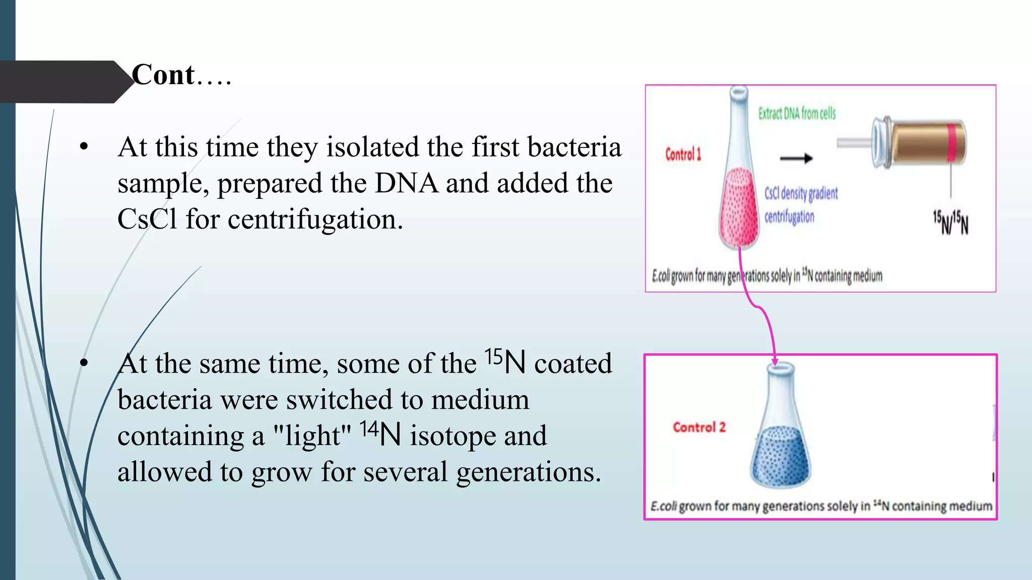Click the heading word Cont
coord(163,76)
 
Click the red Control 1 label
coord(683,154)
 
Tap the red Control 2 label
coord(699,427)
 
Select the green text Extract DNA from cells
coord(797,114)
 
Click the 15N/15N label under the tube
coord(950,223)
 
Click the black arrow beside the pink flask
coord(796,158)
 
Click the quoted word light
coord(312,435)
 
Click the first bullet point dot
coord(84,147)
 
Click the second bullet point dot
coord(84,363)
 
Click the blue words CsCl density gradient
coord(801,193)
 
